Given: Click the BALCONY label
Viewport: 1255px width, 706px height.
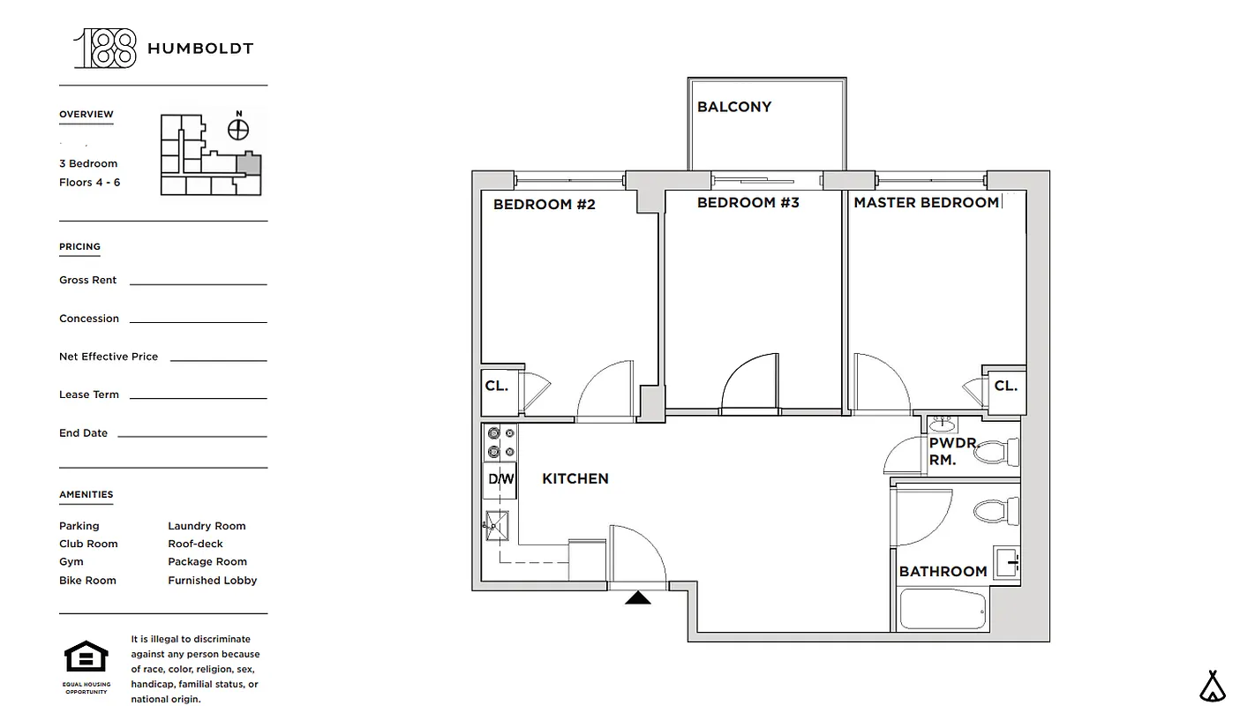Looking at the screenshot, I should coord(733,107).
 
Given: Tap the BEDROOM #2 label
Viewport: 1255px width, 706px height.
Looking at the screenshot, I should coord(544,205).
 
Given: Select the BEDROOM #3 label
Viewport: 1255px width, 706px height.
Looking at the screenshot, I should coord(748,203).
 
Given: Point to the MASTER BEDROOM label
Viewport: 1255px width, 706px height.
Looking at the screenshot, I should coord(926,203).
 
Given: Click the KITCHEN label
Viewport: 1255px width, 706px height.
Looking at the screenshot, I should coord(575,478).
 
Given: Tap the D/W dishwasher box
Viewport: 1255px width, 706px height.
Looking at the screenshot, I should coord(500,480).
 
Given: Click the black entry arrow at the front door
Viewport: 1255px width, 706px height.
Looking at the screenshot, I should coord(637,598).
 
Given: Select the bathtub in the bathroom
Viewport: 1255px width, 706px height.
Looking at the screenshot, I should coord(943,610).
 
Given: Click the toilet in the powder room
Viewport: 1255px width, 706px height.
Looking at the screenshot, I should coord(1000,452).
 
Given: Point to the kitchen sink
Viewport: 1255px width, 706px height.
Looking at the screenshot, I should coord(497,526).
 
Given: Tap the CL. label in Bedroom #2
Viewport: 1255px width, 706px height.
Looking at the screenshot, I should coord(496,386).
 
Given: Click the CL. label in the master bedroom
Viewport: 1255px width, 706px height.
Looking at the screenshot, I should coord(1005,386).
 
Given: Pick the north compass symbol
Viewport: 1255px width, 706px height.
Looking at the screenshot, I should coord(238,129).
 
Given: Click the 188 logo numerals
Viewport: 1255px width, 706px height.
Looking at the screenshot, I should coord(106,49).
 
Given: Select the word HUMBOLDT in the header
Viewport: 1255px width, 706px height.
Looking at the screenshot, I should coord(200,49).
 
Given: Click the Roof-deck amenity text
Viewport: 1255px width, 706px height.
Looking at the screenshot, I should coord(195,544).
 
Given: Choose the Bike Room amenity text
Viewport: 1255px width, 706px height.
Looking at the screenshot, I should coord(87,581).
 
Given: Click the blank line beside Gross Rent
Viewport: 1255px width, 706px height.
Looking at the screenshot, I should coord(198,282).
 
